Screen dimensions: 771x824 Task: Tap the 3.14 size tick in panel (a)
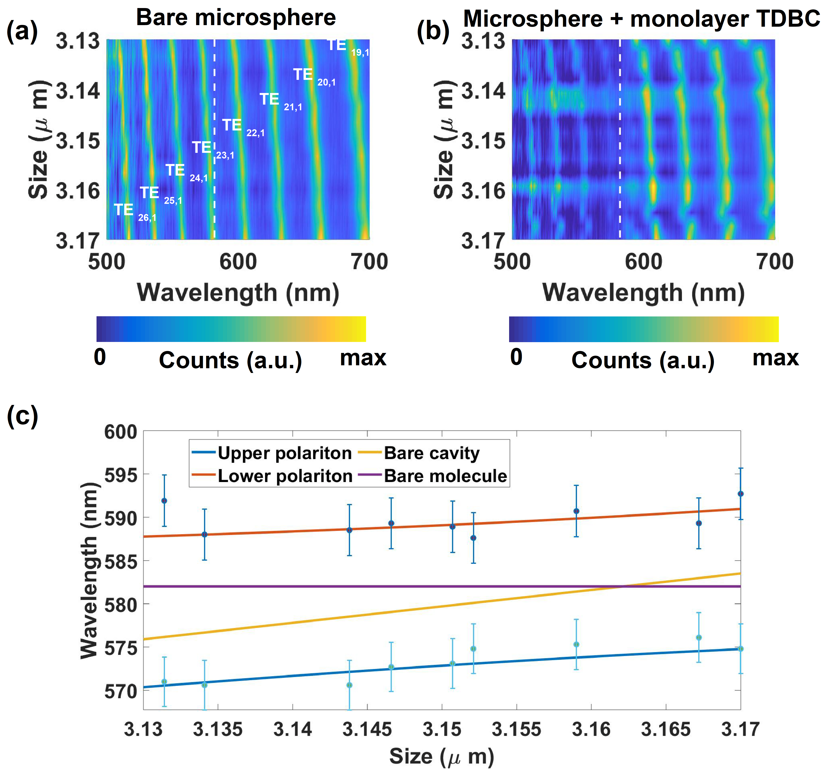(78, 90)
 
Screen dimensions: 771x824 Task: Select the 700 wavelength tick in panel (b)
(774, 262)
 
